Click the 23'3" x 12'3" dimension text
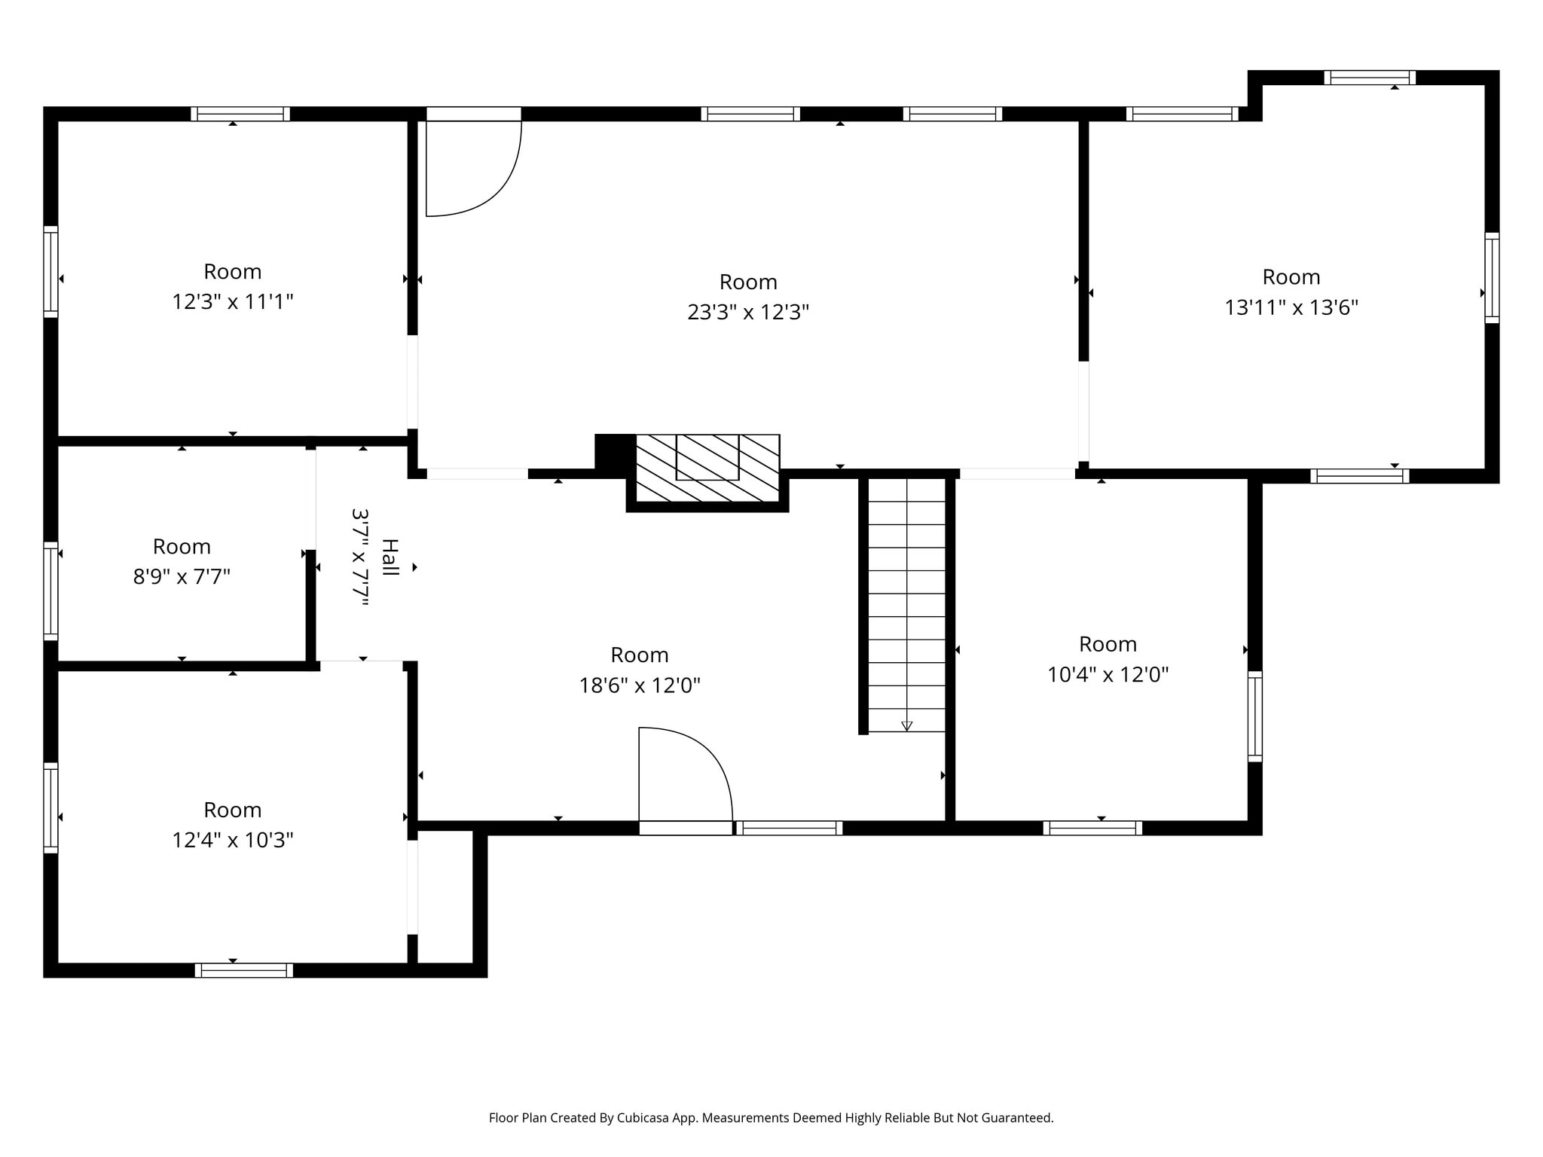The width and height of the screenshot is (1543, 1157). point(747,312)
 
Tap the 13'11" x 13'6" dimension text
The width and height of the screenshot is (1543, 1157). point(1291,307)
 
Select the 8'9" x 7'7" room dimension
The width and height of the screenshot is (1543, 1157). point(182,576)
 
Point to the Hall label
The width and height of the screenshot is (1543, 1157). point(390,557)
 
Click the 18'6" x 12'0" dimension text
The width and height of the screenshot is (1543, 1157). point(639,685)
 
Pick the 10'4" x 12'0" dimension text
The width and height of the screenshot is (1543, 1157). point(1108,674)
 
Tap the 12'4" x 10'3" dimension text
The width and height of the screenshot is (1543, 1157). point(232,840)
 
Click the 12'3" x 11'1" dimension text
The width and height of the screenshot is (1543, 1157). point(232,301)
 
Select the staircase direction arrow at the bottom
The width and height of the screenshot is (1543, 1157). point(906,726)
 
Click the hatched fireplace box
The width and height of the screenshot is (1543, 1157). point(707,468)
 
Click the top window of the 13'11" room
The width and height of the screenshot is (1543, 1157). point(1369,78)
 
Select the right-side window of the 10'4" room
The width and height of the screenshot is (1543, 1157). point(1254,716)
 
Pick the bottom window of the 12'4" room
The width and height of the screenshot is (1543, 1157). point(243,970)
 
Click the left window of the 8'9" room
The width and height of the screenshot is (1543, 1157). point(50,591)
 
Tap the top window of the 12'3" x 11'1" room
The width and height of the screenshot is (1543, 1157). point(240,114)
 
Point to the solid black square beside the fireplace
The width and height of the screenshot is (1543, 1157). point(614,452)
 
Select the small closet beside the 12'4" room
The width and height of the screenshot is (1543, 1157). point(445,896)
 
